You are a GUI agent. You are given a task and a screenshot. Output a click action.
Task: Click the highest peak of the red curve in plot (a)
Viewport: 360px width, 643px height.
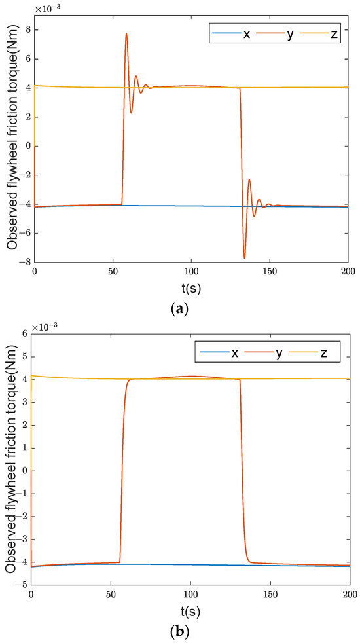[126, 33]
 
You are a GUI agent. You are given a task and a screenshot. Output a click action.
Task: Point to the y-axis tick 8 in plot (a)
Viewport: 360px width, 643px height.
[27, 29]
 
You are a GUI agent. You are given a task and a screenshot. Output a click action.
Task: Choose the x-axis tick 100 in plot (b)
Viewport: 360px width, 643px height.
[190, 595]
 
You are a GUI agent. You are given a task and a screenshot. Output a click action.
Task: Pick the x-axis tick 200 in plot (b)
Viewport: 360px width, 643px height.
[350, 595]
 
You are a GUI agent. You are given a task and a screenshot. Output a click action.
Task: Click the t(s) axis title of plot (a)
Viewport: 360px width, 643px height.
[191, 287]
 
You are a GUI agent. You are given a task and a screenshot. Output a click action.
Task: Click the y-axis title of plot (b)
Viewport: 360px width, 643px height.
[10, 458]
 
